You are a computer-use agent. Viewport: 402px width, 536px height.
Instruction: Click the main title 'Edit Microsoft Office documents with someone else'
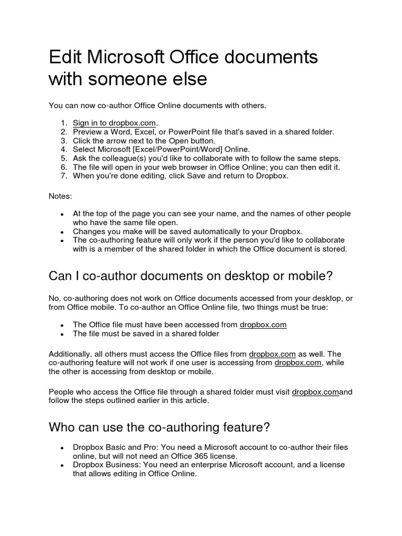[183, 68]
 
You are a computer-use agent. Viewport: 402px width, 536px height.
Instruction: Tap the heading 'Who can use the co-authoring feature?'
[159, 427]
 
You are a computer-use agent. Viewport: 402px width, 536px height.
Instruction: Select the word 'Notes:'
[61, 196]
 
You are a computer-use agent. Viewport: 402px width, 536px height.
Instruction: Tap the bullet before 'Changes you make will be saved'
[62, 231]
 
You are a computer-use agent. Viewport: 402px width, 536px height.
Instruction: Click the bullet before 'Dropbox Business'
[62, 466]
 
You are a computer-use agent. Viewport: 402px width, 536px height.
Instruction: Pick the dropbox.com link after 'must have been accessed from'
[263, 325]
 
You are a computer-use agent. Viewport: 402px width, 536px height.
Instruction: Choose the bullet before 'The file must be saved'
[62, 334]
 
